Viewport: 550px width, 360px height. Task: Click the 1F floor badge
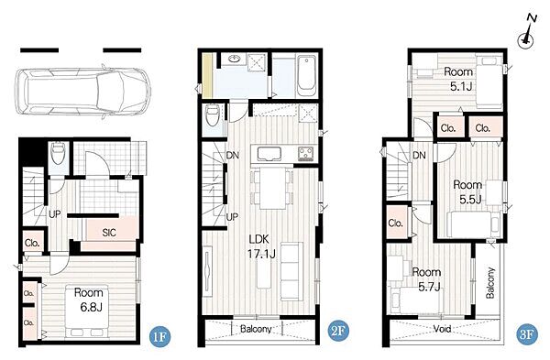tap(159, 336)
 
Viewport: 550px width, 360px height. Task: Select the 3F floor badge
tap(527, 333)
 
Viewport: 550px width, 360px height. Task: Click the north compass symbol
tap(526, 36)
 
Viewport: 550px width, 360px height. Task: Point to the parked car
tap(83, 92)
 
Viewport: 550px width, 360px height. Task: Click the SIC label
tap(109, 233)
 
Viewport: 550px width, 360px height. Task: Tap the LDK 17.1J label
tap(261, 246)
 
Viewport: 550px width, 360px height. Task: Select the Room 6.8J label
tap(88, 300)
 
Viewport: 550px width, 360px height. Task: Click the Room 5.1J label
tap(458, 79)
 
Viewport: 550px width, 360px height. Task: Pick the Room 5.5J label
tap(467, 191)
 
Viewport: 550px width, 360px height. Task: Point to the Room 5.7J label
tap(426, 279)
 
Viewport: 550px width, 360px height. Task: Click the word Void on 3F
tap(442, 329)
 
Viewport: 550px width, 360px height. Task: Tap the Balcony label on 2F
tap(256, 329)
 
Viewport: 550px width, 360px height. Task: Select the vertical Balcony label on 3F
tap(490, 283)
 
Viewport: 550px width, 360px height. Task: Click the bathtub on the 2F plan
tap(306, 76)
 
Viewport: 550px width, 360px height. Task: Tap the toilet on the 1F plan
tap(58, 152)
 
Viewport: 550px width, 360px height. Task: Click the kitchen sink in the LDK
tap(269, 154)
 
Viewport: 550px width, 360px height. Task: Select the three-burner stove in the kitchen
tap(306, 154)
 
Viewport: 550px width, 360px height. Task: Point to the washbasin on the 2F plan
tap(234, 59)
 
